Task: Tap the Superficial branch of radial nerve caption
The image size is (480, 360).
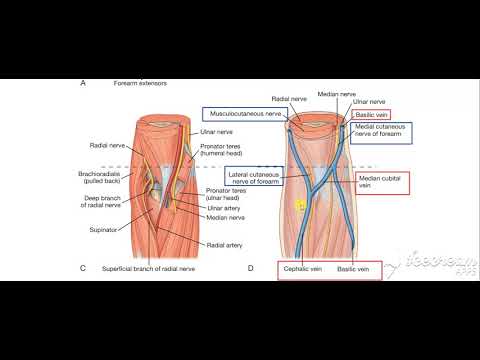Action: [149, 268]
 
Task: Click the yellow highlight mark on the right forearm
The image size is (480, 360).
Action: [299, 206]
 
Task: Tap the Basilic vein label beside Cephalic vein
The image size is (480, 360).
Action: [355, 268]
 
